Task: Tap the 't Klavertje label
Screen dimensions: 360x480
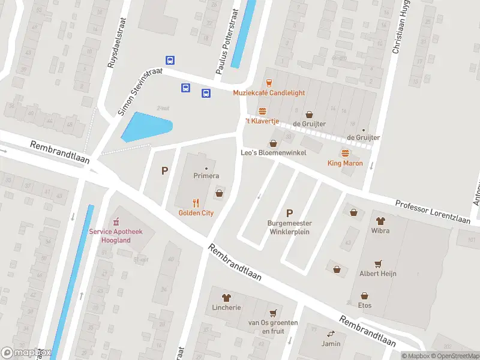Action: click(262, 121)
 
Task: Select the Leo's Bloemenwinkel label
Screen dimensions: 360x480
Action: click(274, 153)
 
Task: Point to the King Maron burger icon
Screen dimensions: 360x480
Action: click(345, 154)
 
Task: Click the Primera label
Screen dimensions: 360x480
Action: click(206, 176)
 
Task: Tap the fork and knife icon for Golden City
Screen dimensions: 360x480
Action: click(196, 203)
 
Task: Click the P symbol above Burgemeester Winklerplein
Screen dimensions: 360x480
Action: click(290, 213)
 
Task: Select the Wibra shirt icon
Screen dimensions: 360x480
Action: click(380, 220)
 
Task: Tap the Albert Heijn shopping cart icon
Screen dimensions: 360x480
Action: click(378, 263)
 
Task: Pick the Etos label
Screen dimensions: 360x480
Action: click(364, 305)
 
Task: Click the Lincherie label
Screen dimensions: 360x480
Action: click(226, 307)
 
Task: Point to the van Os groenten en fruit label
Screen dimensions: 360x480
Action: click(273, 326)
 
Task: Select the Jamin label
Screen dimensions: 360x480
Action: click(330, 344)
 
